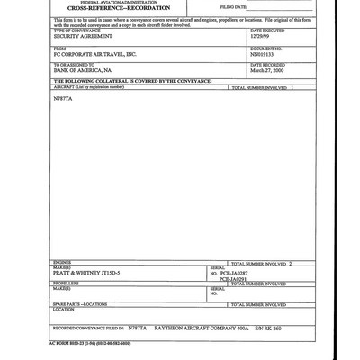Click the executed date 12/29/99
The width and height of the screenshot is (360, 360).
pos(260,37)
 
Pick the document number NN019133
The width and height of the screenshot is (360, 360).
pos(264,55)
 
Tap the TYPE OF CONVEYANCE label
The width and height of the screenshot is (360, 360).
pos(74,31)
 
